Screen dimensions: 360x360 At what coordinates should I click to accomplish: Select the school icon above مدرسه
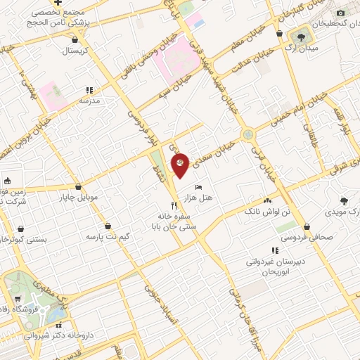89,90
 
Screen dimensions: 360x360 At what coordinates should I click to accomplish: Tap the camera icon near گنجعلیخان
341,13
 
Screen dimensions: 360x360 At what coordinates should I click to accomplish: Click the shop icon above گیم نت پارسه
108,226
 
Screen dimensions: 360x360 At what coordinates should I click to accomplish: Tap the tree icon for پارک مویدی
344,200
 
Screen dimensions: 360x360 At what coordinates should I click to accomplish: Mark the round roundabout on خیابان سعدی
247,134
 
